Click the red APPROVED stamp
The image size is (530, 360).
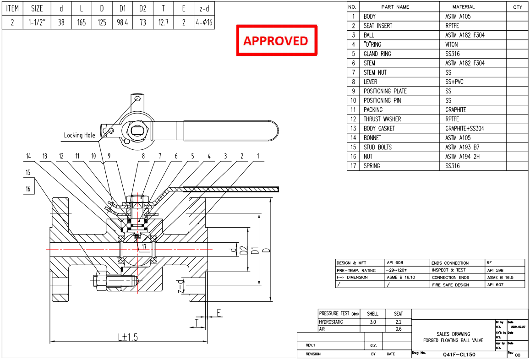pos(276,41)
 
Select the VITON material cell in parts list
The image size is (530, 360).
pos(453,44)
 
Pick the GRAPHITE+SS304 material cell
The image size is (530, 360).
pos(464,129)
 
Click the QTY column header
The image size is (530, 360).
pos(517,7)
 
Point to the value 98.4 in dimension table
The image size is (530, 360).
pos(122,22)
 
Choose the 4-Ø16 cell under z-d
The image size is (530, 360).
pos(203,22)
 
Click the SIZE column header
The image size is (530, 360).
pos(37,8)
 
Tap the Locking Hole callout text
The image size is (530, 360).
pos(79,135)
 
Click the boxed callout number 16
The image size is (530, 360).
pos(28,189)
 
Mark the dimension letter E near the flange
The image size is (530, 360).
pos(219,313)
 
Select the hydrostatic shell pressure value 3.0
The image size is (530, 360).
pos(372,322)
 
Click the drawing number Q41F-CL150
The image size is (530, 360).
pos(459,355)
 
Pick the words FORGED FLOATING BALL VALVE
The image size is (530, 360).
pos(453,341)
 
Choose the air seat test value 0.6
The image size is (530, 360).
pos(399,329)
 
